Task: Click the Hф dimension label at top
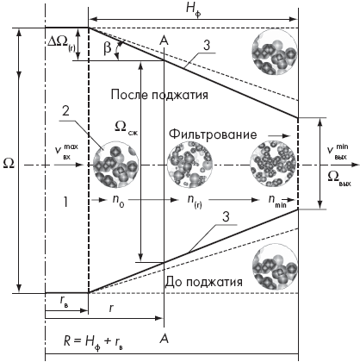pos(193,9)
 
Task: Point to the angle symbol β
pos(107,47)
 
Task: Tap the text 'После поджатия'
pos(159,95)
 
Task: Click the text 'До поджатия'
pos(203,282)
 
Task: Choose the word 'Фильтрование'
pos(213,134)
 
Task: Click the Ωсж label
pos(127,127)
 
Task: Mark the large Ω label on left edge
pos(8,163)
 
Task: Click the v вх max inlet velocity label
pos(66,152)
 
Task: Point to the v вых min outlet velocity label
pos(338,152)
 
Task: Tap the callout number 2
pos(65,110)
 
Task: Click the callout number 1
pos(65,203)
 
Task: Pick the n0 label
pos(118,200)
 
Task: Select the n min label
pos(277,200)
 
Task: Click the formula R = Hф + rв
pos(93,341)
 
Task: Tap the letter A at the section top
pos(164,41)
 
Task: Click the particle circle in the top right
pos(274,53)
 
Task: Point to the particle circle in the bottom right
pos(274,266)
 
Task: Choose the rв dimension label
pos(65,301)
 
